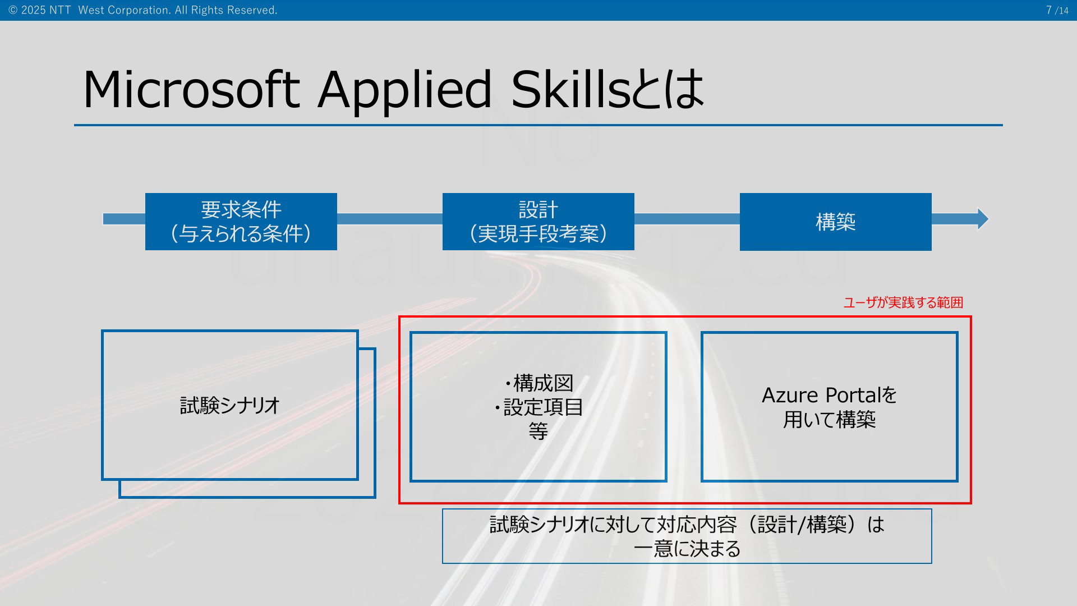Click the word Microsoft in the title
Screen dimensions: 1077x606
(191, 90)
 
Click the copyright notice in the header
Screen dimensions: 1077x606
(143, 10)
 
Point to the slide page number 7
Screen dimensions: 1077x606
(1049, 10)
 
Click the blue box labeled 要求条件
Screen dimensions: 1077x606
(241, 222)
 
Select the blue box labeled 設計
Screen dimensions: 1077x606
(538, 222)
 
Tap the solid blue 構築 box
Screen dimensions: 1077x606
(836, 222)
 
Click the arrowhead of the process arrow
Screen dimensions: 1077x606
(983, 219)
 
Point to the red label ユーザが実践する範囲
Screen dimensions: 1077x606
(904, 302)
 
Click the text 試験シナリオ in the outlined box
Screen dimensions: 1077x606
(230, 405)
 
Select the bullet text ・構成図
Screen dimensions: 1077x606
(538, 383)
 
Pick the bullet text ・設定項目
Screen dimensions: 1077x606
(538, 407)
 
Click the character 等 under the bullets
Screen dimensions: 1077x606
(538, 431)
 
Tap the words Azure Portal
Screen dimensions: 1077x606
(818, 396)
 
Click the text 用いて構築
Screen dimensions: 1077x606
(830, 420)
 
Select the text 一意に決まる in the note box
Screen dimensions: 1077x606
(687, 548)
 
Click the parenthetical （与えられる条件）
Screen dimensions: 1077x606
(241, 233)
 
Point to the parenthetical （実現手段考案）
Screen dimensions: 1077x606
(538, 233)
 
